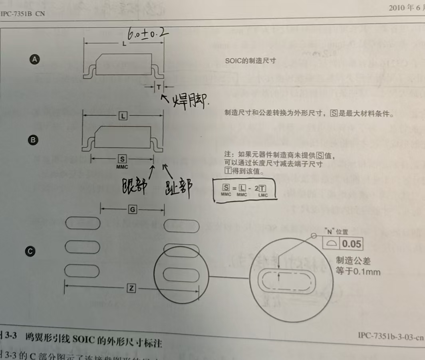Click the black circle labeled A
(x=35, y=59)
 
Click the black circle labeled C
(x=30, y=251)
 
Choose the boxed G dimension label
(x=132, y=208)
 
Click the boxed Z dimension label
(x=131, y=288)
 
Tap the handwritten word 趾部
(x=177, y=187)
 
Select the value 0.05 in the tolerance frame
(x=352, y=244)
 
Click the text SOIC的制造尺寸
(x=250, y=61)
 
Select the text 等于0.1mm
(x=358, y=272)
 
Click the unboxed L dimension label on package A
(x=124, y=44)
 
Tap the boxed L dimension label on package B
(x=123, y=116)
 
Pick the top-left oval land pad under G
(x=83, y=224)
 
